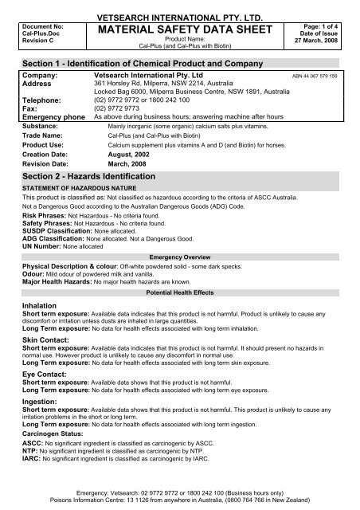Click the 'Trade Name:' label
(42, 135)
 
